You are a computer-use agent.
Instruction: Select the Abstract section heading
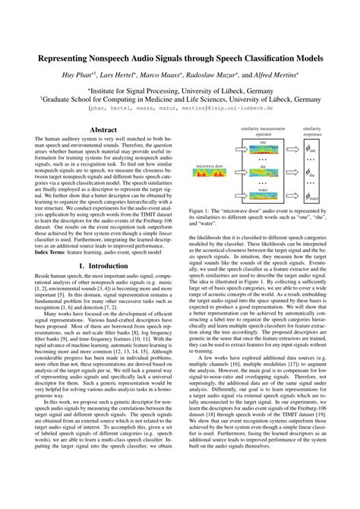[x=103, y=131]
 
